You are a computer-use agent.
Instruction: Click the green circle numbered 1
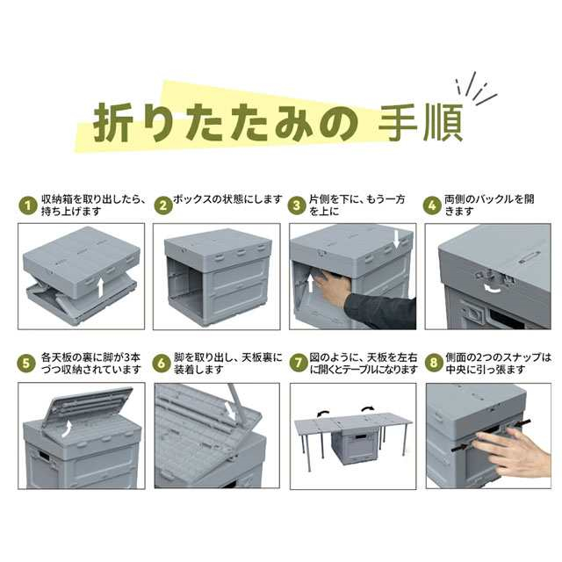point(28,205)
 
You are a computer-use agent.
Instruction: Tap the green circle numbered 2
point(163,205)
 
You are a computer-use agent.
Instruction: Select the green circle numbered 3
point(297,205)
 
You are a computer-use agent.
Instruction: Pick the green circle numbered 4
point(432,205)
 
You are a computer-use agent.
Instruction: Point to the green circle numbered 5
point(26,364)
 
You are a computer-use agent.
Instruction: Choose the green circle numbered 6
point(162,364)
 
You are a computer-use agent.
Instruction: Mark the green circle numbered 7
point(299,364)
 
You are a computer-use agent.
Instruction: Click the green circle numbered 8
point(434,364)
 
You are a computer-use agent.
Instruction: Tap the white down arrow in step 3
point(396,240)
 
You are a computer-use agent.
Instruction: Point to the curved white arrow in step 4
point(493,287)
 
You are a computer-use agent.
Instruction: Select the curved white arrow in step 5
point(66,429)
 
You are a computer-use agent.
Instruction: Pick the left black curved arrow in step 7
point(321,414)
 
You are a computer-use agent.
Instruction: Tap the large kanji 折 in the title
point(112,123)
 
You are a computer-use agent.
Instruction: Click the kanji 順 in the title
point(443,122)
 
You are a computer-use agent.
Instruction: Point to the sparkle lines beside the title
point(476,89)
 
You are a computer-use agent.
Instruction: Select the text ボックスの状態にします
point(228,199)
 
